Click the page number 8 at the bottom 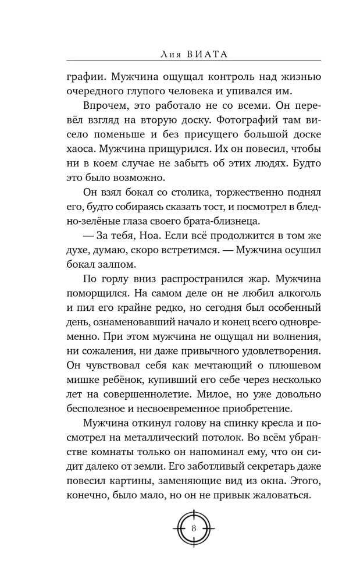pyautogui.click(x=193, y=528)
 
